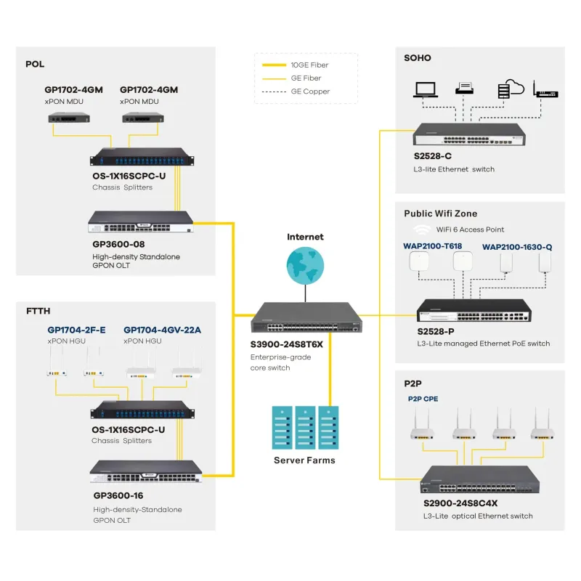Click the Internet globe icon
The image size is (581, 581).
(305, 264)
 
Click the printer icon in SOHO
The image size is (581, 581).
(465, 89)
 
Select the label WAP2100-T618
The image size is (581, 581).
(432, 246)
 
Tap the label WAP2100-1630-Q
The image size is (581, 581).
(517, 246)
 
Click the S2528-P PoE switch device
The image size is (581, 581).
(472, 312)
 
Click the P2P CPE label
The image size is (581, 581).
(423, 399)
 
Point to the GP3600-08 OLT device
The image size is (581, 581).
(141, 222)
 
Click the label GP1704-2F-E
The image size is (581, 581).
(76, 330)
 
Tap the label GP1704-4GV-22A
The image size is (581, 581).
(162, 330)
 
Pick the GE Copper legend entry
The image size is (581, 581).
(310, 92)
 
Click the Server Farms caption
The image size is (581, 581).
(304, 460)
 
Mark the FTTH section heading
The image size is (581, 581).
(38, 312)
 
